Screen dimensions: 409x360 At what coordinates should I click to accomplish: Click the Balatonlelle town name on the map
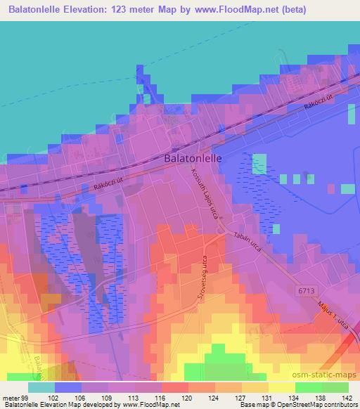click(x=193, y=159)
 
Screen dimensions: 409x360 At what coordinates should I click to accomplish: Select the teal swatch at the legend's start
click(x=41, y=387)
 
